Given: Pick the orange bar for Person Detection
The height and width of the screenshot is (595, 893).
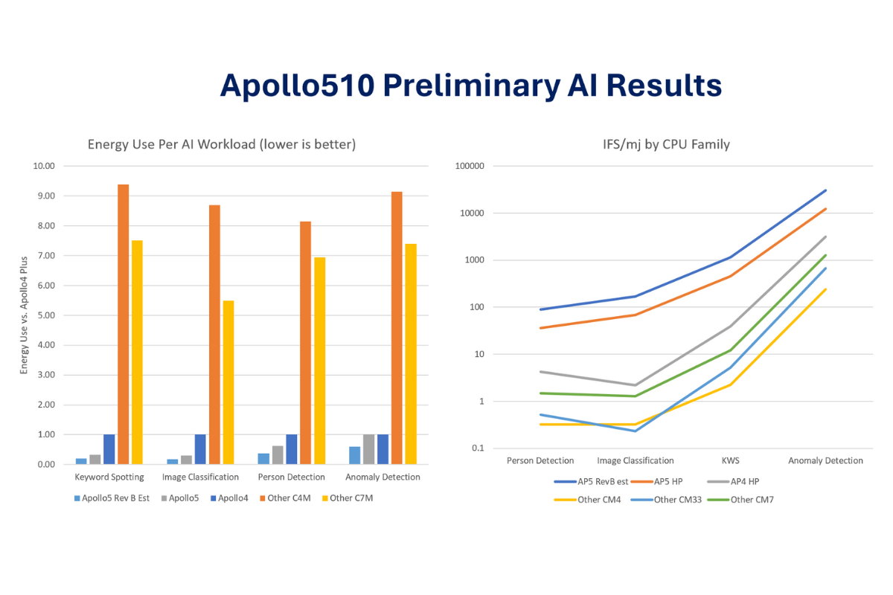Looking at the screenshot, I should [305, 343].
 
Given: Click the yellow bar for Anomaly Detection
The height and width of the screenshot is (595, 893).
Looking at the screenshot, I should [411, 354].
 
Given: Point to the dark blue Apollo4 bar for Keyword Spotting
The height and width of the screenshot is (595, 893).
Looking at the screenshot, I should [109, 449].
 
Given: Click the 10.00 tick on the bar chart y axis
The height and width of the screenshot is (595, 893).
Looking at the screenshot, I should [45, 167].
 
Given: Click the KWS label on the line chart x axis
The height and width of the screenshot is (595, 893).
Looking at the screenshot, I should [732, 461].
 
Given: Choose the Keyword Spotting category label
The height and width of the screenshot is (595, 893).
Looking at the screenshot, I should [109, 477].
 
